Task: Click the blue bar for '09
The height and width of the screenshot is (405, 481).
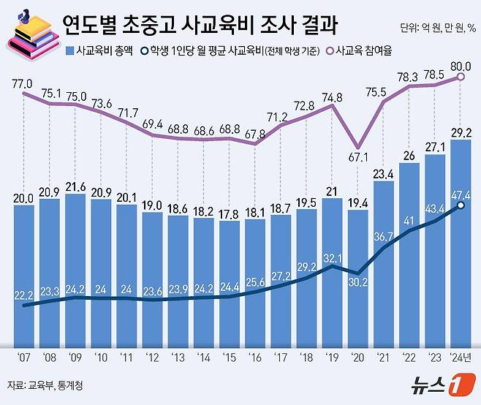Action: pyautogui.click(x=75, y=270)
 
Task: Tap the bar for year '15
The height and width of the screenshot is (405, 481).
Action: pyautogui.click(x=230, y=285)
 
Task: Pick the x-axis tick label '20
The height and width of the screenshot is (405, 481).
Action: pyautogui.click(x=357, y=357)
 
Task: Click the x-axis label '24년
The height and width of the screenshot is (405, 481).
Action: pyautogui.click(x=461, y=357)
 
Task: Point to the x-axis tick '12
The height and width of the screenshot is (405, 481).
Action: pyautogui.click(x=152, y=357)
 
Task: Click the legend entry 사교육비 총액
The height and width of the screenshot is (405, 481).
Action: pyautogui.click(x=102, y=52)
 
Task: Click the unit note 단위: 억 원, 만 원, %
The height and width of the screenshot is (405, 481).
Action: pyautogui.click(x=438, y=29)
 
